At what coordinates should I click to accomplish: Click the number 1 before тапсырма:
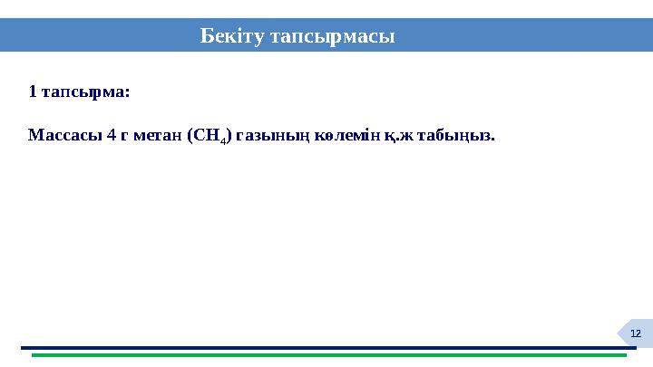[33, 92]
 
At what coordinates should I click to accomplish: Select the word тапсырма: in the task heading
[86, 92]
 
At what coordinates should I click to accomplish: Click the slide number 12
[636, 334]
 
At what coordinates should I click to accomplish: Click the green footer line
[326, 355]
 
